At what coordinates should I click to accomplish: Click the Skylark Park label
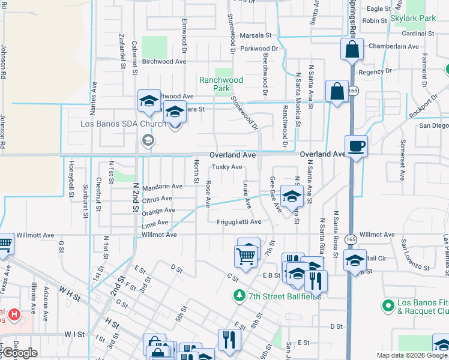click(x=412, y=19)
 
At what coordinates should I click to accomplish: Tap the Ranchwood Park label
click(x=221, y=84)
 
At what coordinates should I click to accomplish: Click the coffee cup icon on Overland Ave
click(x=356, y=146)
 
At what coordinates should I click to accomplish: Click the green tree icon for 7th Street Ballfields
click(x=240, y=295)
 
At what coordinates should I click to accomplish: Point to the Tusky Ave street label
click(x=228, y=167)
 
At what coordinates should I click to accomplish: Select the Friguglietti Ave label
click(x=239, y=222)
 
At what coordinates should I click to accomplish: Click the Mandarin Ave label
click(x=161, y=187)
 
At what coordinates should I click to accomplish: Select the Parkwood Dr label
click(x=259, y=48)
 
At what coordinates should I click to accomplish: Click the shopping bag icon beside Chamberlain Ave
click(x=352, y=50)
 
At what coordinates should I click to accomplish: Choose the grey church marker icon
click(x=148, y=140)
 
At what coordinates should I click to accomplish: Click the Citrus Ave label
click(x=157, y=199)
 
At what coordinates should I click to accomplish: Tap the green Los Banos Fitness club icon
click(x=388, y=305)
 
